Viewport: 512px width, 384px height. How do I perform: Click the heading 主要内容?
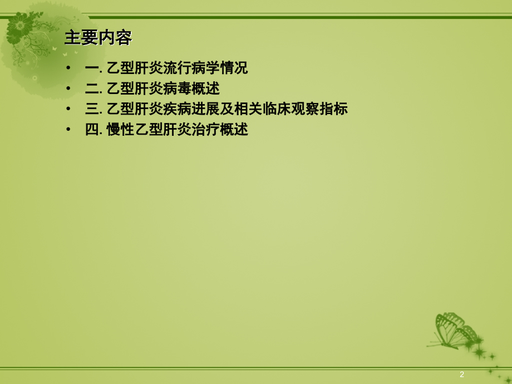[98, 38]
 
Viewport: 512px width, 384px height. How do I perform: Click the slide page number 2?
[462, 374]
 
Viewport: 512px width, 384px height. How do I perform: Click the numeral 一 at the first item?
[91, 68]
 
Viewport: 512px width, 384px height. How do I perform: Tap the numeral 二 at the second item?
[91, 88]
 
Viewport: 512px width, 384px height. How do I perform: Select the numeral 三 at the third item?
[91, 109]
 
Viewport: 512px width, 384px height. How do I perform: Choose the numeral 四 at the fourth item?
[91, 130]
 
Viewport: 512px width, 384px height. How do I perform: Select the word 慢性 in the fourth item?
[121, 130]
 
